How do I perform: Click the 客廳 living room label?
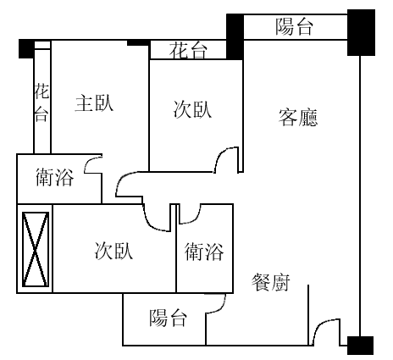click(298, 117)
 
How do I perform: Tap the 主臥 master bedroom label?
click(94, 103)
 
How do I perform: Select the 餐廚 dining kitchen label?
click(271, 282)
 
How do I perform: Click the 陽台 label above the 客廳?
click(294, 26)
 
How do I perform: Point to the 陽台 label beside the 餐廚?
click(169, 318)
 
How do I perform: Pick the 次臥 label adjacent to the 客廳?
click(192, 109)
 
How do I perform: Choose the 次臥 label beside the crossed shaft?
click(113, 251)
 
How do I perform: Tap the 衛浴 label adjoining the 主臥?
click(55, 177)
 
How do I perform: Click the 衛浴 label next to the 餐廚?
click(204, 252)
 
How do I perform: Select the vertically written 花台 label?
click(42, 102)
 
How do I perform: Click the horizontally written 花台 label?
click(188, 50)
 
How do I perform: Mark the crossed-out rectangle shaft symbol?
click(36, 249)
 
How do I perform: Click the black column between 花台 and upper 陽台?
click(235, 36)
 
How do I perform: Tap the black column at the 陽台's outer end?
click(361, 32)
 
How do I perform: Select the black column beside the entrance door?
click(360, 346)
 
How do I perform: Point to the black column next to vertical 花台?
click(26, 49)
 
